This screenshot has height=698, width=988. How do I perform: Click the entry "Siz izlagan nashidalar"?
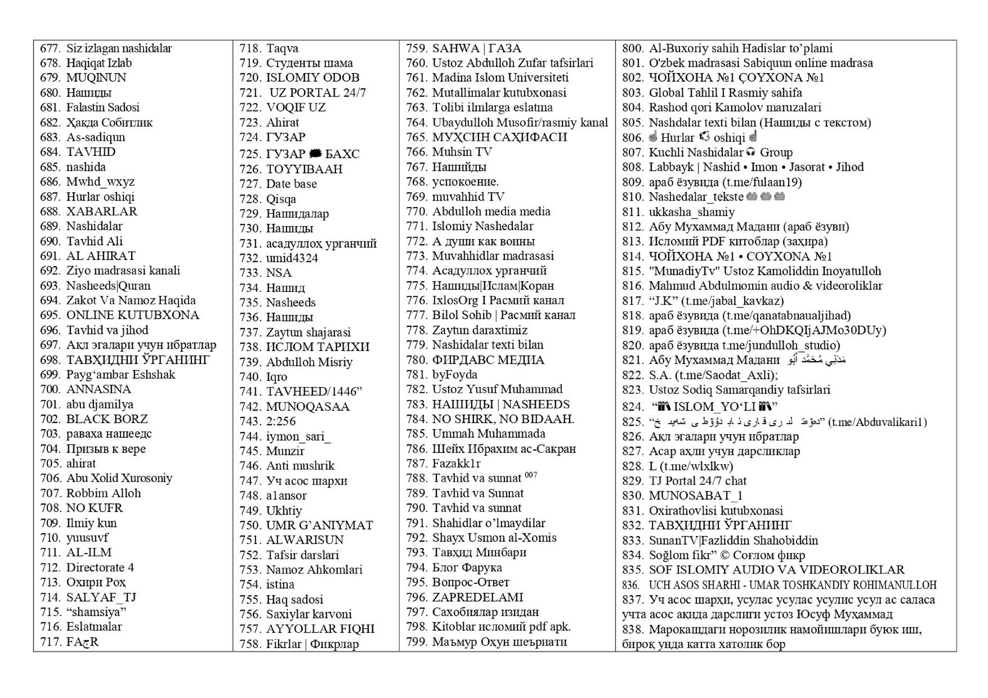(x=119, y=48)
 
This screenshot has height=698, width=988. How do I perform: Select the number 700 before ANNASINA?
(x=50, y=389)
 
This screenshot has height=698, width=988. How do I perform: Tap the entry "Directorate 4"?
(x=100, y=567)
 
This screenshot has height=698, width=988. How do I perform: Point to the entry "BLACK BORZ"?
(x=107, y=419)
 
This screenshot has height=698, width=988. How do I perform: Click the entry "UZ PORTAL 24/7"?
(x=317, y=93)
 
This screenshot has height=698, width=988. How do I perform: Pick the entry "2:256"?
(x=281, y=421)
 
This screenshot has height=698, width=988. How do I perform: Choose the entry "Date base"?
(x=291, y=183)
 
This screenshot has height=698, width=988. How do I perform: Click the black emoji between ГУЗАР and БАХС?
(x=315, y=154)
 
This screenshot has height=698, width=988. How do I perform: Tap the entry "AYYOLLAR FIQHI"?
(x=320, y=629)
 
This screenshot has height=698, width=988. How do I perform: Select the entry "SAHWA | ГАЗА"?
(x=477, y=48)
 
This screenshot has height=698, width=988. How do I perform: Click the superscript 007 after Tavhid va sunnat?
(x=531, y=475)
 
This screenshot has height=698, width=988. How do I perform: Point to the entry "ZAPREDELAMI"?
(x=478, y=597)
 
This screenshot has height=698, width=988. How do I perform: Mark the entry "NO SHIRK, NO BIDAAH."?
(x=503, y=419)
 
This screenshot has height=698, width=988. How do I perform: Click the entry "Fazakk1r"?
(x=456, y=463)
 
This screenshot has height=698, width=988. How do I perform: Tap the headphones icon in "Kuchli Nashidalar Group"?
(x=751, y=152)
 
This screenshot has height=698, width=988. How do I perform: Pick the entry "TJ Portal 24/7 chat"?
(x=697, y=481)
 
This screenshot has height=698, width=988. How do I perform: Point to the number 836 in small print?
(x=630, y=585)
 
